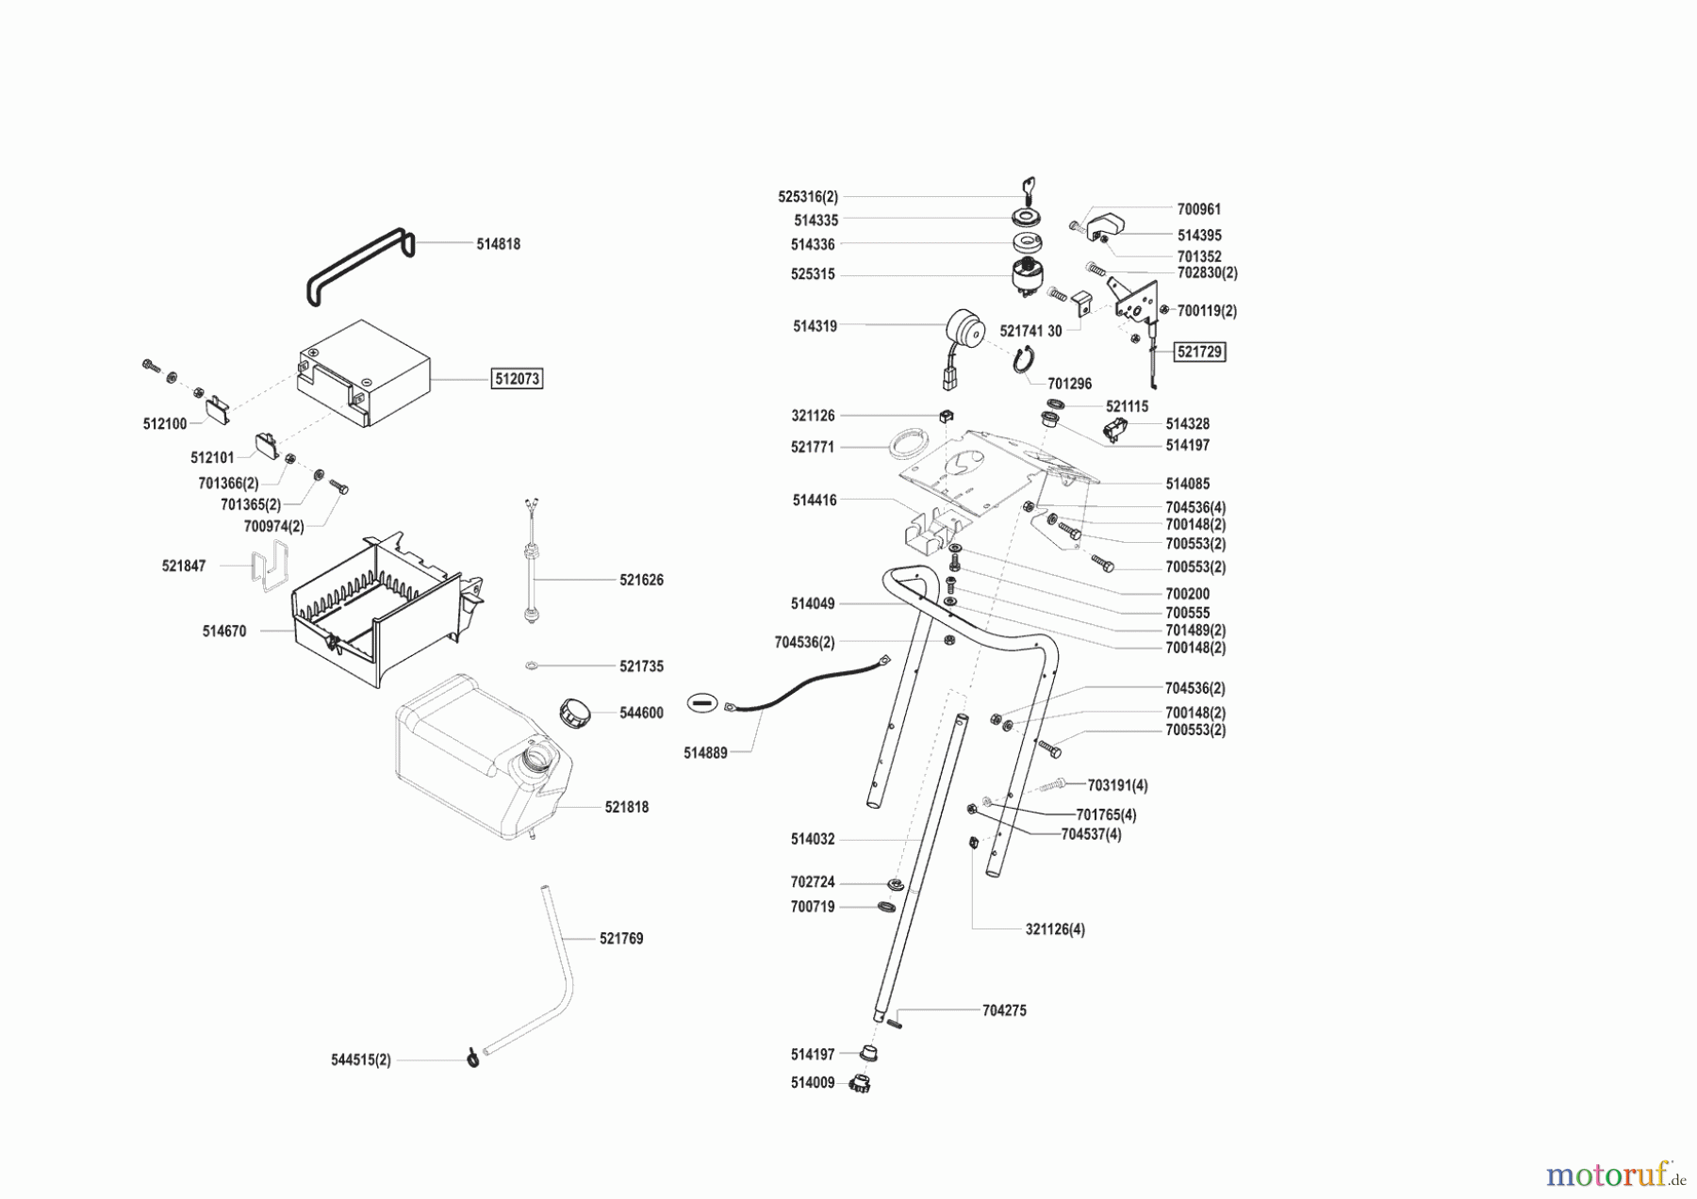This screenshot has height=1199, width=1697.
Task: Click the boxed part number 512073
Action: pyautogui.click(x=518, y=379)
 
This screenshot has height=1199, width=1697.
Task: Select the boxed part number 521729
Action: pyautogui.click(x=1200, y=352)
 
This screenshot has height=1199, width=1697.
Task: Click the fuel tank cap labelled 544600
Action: pyautogui.click(x=574, y=712)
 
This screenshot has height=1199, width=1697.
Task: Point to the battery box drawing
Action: pyautogui.click(x=363, y=373)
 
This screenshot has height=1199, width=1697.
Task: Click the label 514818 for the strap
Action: pyautogui.click(x=498, y=243)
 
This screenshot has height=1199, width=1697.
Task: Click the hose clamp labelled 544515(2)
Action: pyautogui.click(x=473, y=1059)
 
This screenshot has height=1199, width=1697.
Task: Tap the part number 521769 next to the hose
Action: pyautogui.click(x=621, y=939)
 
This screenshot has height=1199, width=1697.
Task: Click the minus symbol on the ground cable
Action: pyautogui.click(x=701, y=703)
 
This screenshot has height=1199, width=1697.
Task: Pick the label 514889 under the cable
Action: pyautogui.click(x=705, y=753)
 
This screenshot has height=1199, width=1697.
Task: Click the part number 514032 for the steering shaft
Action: pyautogui.click(x=813, y=839)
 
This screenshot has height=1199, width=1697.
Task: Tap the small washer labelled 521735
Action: pyautogui.click(x=532, y=666)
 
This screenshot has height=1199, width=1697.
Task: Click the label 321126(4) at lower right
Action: pyautogui.click(x=1055, y=929)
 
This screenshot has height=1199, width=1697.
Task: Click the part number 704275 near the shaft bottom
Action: pyautogui.click(x=1004, y=1010)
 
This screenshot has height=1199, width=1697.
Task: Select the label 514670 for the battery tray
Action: pyautogui.click(x=224, y=632)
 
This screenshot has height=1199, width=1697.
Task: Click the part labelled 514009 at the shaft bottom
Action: pyautogui.click(x=860, y=1083)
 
